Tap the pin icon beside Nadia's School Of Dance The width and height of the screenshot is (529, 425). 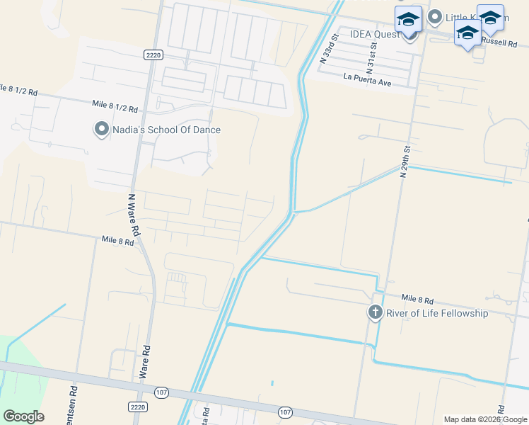click(x=102, y=129)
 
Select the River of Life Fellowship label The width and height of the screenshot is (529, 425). click(x=436, y=313)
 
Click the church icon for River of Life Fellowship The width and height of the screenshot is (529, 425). click(x=375, y=312)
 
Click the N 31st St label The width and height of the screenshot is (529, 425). click(x=372, y=53)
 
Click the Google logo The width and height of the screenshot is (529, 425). click(x=23, y=416)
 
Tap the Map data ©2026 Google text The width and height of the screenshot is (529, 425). click(x=485, y=419)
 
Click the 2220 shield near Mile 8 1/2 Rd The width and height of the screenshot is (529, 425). click(x=153, y=54)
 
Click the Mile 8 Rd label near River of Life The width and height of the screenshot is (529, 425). click(x=417, y=300)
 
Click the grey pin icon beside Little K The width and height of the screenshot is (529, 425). click(x=435, y=16)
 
